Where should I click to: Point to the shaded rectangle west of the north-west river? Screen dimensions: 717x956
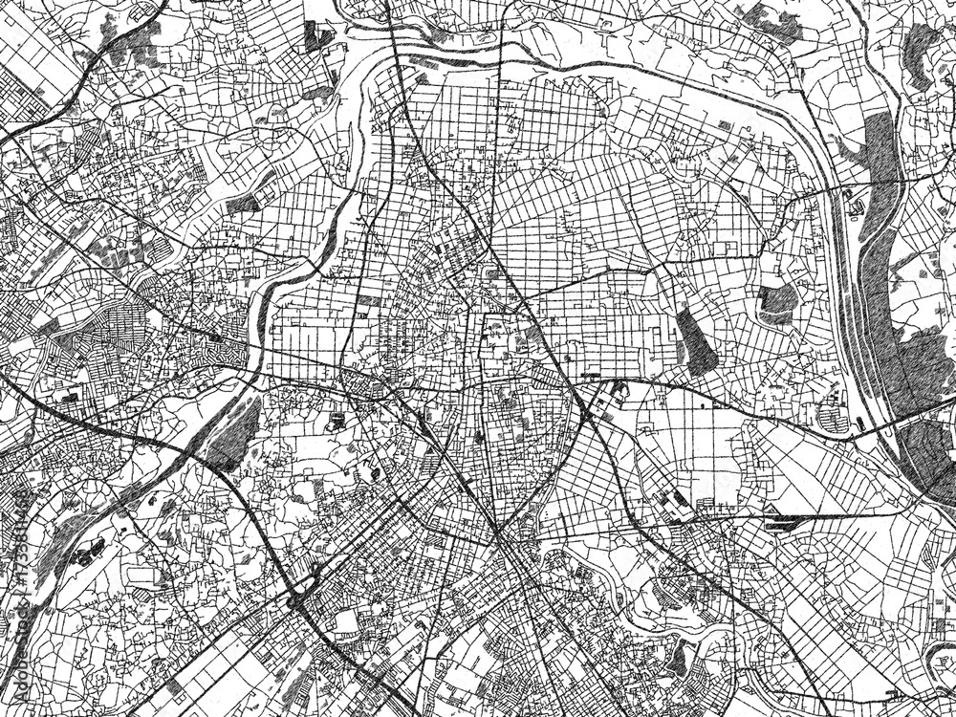(244, 203)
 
